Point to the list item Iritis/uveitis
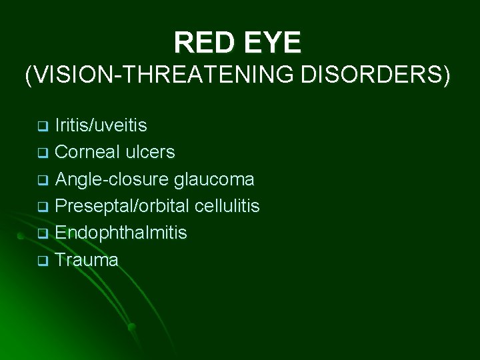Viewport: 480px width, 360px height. (x=101, y=125)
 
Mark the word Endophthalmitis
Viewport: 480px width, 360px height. (x=121, y=233)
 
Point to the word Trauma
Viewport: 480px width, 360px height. (x=87, y=259)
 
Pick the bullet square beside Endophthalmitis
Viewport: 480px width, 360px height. (x=42, y=234)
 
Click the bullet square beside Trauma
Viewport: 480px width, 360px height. (x=42, y=261)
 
